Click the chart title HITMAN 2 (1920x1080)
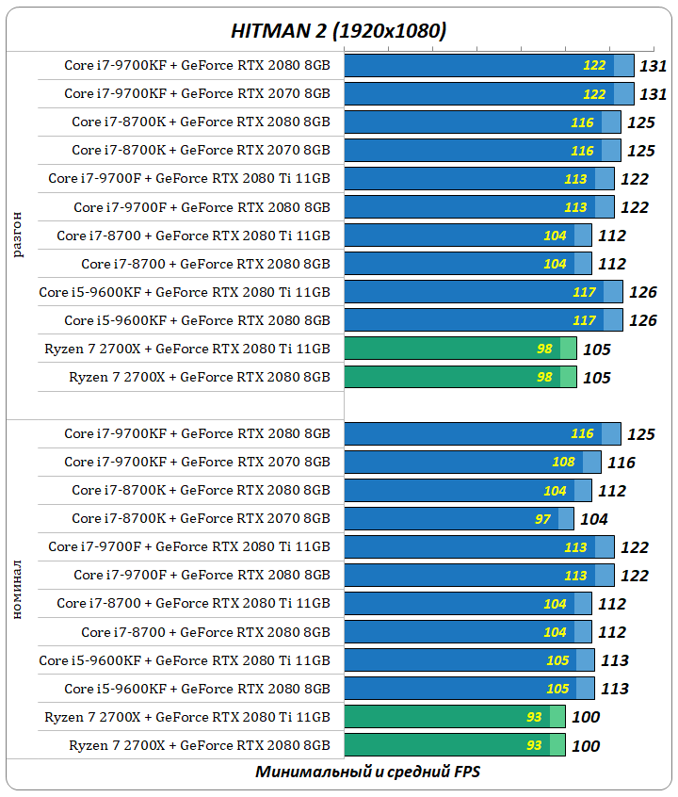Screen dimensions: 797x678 pos(339,31)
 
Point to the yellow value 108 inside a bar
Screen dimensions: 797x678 pos(563,463)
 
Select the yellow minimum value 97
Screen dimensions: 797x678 pos(543,519)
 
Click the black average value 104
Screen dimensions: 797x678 pos(594,519)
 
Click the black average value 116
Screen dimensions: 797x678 pos(621,463)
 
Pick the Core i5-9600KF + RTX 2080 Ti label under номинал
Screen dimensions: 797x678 pos(185,660)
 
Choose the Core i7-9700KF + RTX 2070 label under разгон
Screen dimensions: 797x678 pos(197,94)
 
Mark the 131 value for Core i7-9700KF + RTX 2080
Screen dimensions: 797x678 pos(654,66)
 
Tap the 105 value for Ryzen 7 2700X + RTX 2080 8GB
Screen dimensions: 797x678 pos(597,378)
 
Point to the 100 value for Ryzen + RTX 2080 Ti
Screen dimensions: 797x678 pos(586,717)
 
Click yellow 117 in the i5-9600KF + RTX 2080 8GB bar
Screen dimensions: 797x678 pos(584,320)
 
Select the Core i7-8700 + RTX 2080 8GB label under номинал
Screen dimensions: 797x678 pos(205,632)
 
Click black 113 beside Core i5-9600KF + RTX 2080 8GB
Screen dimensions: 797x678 pos(615,689)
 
